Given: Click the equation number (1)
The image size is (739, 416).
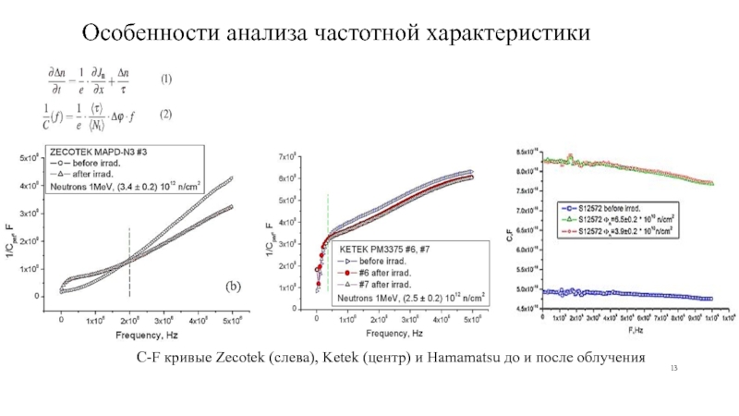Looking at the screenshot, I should pyautogui.click(x=166, y=80).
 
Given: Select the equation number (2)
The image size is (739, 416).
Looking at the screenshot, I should pyautogui.click(x=166, y=116).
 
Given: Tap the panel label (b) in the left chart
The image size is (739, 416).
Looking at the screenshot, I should pyautogui.click(x=229, y=288).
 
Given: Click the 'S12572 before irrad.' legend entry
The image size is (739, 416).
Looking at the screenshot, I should pyautogui.click(x=611, y=210).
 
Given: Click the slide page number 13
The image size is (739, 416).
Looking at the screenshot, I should pyautogui.click(x=674, y=370).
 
